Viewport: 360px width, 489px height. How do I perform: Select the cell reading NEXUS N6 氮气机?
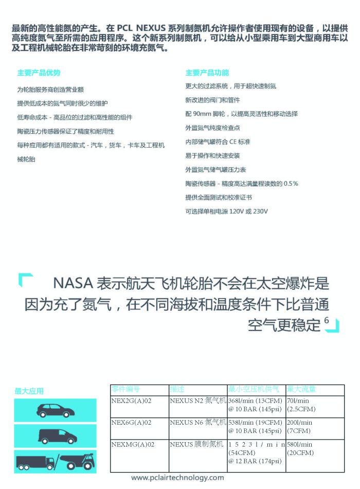[197, 423]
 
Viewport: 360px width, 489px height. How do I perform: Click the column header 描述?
[177, 389]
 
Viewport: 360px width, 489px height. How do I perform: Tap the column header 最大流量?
[301, 389]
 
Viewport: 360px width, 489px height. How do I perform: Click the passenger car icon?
[56, 410]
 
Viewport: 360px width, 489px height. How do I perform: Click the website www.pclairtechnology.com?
[177, 478]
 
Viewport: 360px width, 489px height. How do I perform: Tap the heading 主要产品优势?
[39, 73]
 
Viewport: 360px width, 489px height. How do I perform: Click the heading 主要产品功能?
[207, 73]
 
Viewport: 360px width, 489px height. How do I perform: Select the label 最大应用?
[29, 391]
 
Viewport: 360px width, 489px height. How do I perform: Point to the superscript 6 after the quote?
[327, 320]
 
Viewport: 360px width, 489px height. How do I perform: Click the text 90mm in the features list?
[202, 114]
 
